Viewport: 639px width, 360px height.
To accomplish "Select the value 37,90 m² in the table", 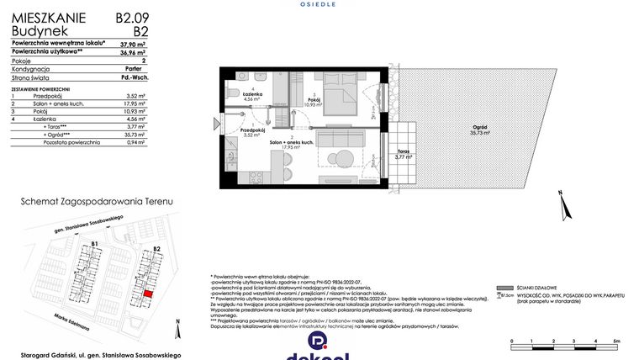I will click(x=130, y=42).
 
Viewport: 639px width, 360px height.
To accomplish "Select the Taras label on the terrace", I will click(x=404, y=154).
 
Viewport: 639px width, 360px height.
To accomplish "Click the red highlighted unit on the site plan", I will click(x=148, y=294).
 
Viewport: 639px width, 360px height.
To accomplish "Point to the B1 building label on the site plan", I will click(x=95, y=244).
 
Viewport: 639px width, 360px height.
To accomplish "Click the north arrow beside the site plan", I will click(x=177, y=321).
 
